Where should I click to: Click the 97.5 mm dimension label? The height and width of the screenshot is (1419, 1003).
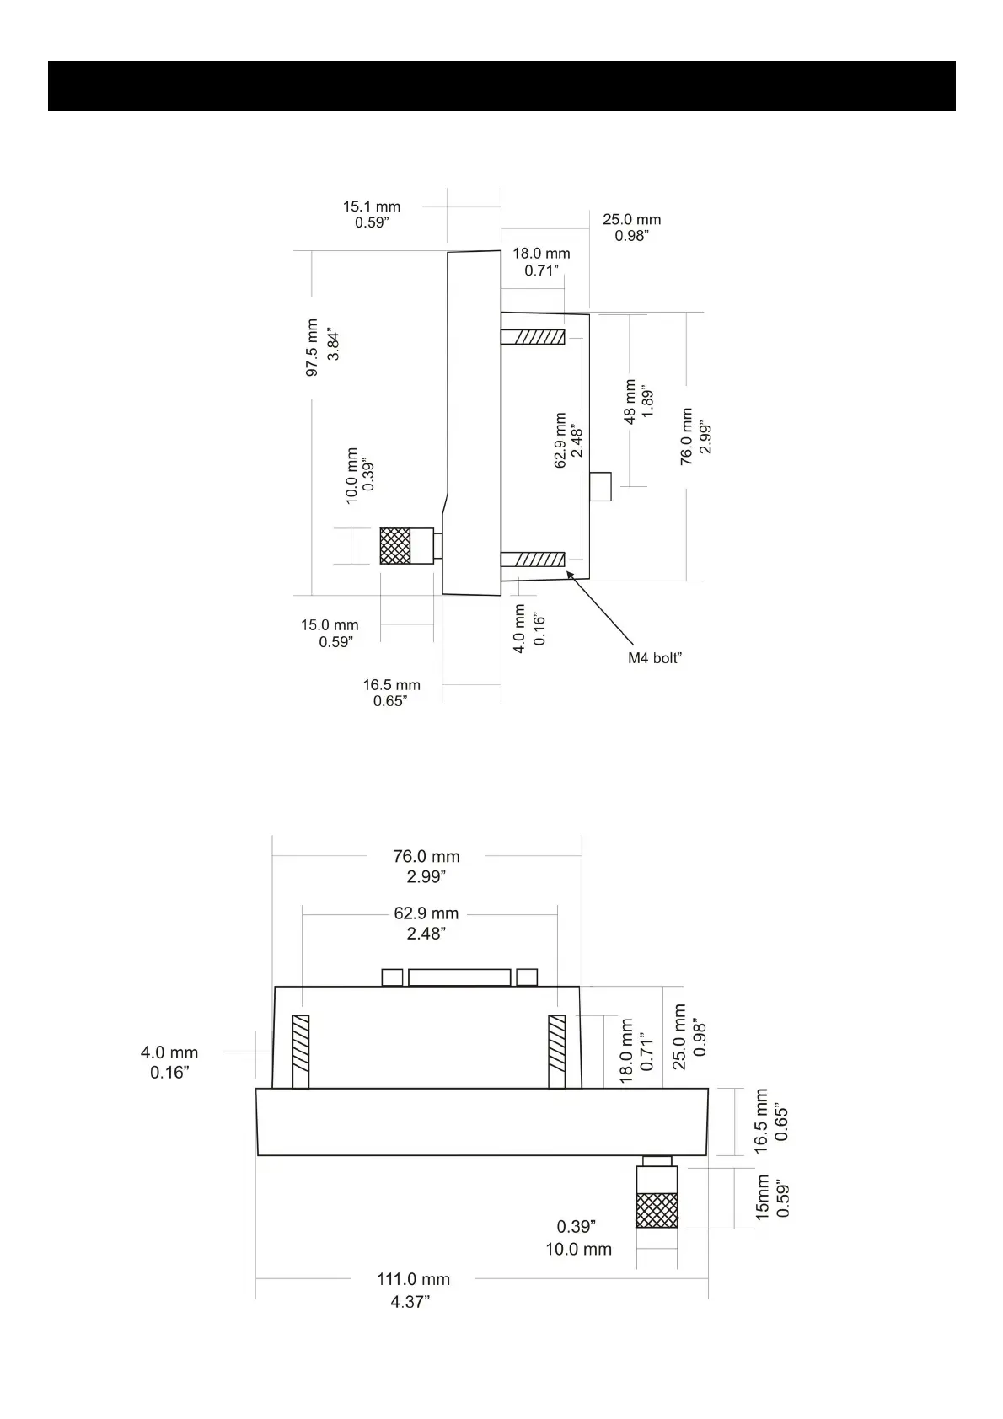312,347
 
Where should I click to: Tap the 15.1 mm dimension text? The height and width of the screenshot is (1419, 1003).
372,206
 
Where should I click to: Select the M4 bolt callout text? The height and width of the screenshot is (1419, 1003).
655,658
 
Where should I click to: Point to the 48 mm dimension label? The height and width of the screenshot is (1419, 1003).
630,402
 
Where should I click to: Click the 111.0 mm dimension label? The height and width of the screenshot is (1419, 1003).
413,1279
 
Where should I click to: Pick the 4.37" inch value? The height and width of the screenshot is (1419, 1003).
410,1302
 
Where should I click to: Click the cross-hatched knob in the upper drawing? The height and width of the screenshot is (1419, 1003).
394,546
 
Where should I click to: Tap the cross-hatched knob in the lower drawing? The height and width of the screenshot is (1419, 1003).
657,1209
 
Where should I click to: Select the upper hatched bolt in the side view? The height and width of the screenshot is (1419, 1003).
533,337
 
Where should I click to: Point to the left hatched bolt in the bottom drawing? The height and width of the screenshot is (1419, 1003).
300,1052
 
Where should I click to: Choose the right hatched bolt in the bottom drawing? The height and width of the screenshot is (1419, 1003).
557,1052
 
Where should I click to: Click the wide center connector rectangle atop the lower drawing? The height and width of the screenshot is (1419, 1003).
459,977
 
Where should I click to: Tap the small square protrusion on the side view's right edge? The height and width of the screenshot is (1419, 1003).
600,486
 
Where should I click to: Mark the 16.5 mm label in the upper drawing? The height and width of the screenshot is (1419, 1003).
392,685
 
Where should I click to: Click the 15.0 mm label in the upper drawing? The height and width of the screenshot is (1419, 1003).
330,625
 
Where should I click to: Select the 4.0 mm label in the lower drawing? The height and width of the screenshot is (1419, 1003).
169,1052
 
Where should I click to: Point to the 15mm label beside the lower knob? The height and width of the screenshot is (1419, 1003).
763,1197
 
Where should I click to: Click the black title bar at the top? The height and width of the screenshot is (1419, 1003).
501,86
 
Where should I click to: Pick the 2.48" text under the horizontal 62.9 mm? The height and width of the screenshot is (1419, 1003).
426,934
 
